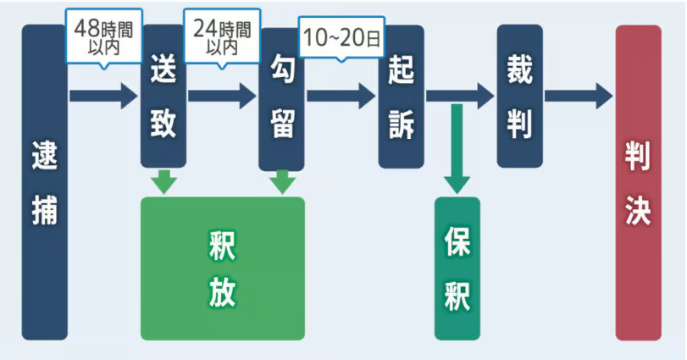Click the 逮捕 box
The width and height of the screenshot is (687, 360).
click(x=44, y=182)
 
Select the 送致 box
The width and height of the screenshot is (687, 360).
click(x=163, y=95)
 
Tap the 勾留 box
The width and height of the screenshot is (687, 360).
click(x=281, y=98)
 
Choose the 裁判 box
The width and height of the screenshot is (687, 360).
click(x=519, y=95)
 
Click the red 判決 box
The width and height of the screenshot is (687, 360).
click(x=638, y=182)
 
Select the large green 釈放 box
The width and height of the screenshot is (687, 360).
click(x=222, y=268)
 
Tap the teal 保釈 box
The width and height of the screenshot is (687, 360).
click(x=457, y=268)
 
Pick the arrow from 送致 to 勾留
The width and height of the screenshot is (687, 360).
click(x=221, y=95)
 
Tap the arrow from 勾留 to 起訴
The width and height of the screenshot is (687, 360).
click(x=341, y=95)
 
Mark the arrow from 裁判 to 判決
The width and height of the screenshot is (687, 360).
click(x=578, y=95)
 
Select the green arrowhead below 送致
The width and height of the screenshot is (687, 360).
click(x=163, y=181)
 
